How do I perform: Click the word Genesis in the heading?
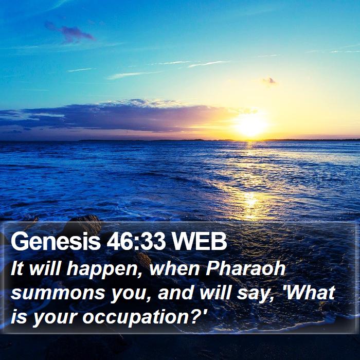[x=56, y=241]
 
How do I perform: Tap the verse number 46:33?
[x=136, y=241]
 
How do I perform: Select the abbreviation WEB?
[x=200, y=241]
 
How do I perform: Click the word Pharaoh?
[x=245, y=268]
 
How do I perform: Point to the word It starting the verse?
[x=17, y=268]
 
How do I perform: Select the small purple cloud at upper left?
[x=69, y=32]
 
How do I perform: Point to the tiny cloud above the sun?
[x=269, y=81]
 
